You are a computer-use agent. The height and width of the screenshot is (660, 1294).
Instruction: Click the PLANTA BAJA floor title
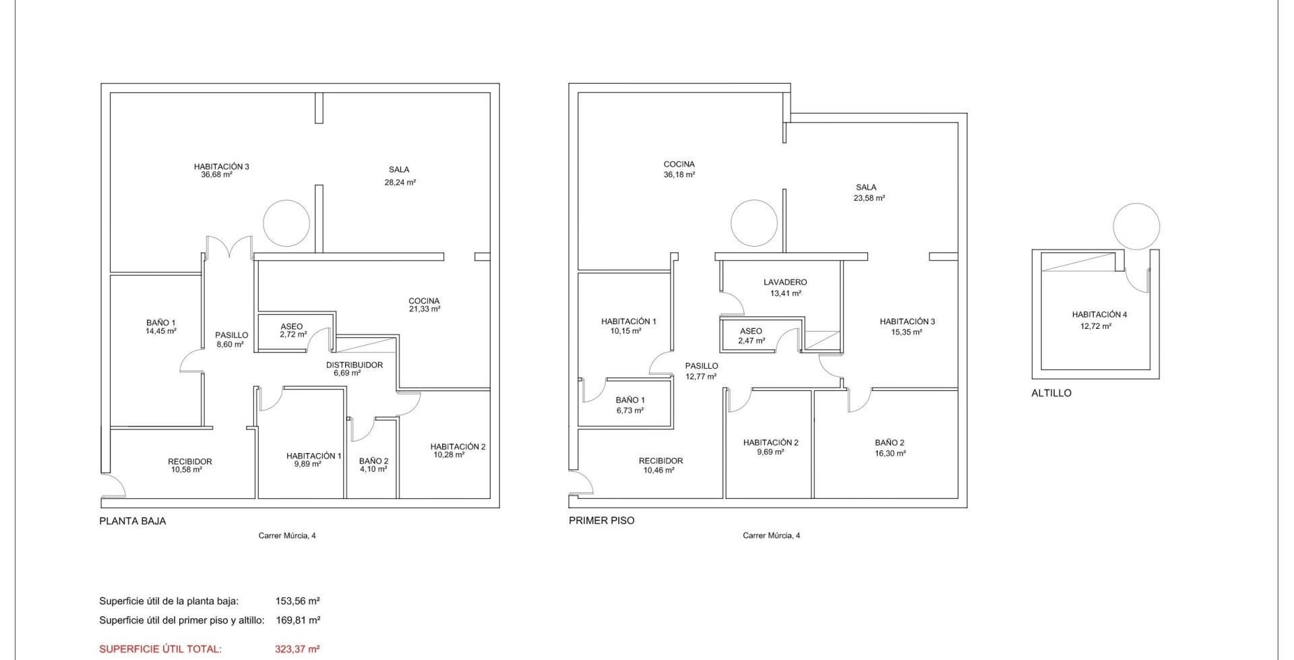pos(133,521)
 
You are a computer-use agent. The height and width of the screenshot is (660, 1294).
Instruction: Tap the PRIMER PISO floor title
pos(602,520)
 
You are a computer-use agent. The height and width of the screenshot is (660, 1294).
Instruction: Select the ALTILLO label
pos(1051,393)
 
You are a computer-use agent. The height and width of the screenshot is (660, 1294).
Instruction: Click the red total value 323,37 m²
pos(298,649)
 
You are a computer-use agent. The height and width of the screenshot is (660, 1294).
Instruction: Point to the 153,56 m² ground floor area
pos(298,601)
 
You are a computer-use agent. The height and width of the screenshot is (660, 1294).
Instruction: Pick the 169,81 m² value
pos(298,620)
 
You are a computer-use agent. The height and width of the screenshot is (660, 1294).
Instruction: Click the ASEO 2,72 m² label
pos(292,330)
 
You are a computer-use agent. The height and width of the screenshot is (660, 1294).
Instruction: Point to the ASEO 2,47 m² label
pos(751,336)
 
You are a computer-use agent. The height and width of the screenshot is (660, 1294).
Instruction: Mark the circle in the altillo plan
pos(1136,227)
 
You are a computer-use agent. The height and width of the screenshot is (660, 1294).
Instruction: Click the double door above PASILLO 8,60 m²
pos(229,247)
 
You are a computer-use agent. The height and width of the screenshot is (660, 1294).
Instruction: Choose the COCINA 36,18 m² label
pos(679,169)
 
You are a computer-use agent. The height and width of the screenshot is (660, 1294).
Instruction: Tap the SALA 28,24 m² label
pos(400,176)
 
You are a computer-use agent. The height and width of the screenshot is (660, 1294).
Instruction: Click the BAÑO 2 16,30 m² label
pos(890,448)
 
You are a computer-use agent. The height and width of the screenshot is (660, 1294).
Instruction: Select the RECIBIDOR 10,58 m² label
pos(189,466)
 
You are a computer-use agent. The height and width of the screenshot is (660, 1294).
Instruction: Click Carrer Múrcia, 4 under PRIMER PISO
pos(772,536)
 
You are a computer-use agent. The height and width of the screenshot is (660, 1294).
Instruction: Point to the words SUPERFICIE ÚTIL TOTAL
pos(160,649)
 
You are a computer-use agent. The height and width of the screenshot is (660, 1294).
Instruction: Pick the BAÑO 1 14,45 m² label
pos(161,327)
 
